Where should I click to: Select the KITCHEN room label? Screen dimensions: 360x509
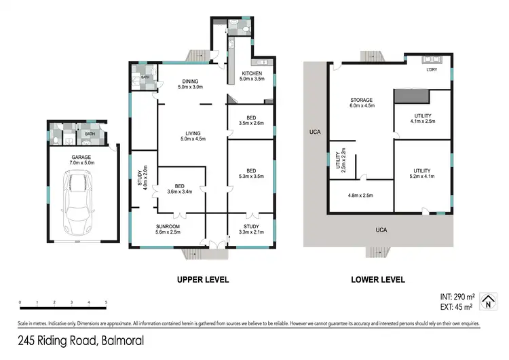[x=251, y=76]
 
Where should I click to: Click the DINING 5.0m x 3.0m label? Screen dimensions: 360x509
[x=190, y=84]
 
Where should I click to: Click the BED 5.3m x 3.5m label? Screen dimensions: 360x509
[x=251, y=174]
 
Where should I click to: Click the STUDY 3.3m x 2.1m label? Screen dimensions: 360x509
[x=250, y=229]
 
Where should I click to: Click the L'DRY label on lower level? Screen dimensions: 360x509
[x=431, y=71]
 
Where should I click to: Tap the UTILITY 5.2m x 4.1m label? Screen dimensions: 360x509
[x=422, y=173]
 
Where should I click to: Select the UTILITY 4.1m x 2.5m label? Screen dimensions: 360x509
[x=422, y=119]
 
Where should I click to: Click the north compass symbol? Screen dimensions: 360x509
[x=486, y=301]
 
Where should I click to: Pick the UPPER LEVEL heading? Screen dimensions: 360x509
[x=202, y=279]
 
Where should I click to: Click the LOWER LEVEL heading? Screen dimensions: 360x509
[x=378, y=279]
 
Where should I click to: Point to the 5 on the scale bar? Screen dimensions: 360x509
[x=106, y=302]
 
